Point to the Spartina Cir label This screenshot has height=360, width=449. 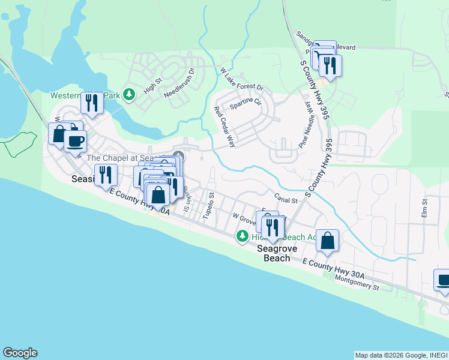[246, 104]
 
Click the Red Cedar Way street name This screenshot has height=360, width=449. [224, 127]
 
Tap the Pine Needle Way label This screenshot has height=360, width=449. [307, 125]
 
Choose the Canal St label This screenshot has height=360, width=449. [286, 199]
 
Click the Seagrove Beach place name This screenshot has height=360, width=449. [274, 253]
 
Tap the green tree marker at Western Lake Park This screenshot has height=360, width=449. [128, 94]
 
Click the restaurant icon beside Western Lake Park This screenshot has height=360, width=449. [91, 103]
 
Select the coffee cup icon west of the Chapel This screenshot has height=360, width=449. [75, 142]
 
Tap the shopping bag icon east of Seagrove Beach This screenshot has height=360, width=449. [327, 241]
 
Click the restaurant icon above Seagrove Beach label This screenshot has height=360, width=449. [274, 227]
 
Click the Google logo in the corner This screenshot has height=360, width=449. [20, 353]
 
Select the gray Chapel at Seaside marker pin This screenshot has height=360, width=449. [178, 157]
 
